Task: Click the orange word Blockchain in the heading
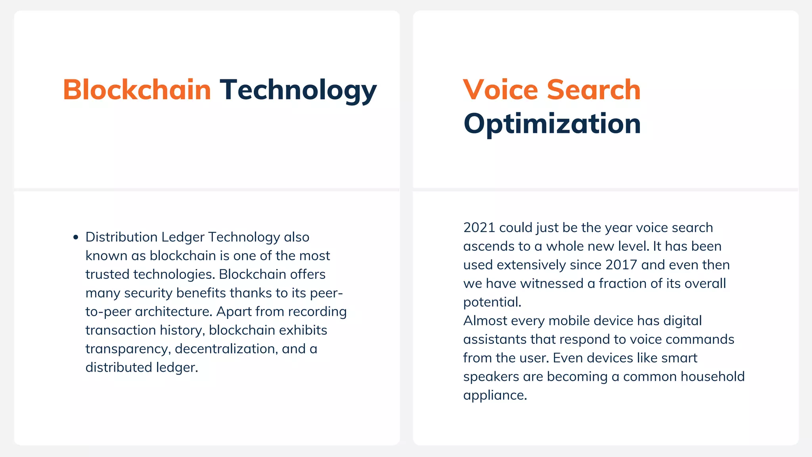137,90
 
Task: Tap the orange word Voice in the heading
500,90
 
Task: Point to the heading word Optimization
552,124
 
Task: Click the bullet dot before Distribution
76,238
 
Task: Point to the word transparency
128,349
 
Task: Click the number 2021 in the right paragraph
479,228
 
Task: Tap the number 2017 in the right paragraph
621,265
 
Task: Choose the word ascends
488,246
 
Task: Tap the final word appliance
494,396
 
